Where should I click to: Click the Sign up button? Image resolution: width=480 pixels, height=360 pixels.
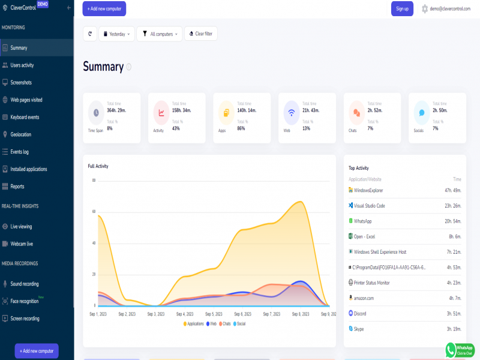402,8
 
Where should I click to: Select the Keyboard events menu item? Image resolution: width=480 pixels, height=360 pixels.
25,117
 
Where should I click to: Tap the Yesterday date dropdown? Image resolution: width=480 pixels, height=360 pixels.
116,34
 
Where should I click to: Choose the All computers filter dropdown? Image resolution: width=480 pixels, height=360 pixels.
159,34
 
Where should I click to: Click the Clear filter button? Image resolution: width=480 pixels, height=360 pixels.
201,34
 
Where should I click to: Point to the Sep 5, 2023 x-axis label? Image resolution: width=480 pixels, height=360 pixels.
214,314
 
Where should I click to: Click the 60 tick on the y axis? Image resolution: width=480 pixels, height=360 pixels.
94,212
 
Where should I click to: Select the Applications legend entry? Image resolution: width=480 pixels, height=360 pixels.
193,323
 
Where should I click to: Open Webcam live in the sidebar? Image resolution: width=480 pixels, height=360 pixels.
22,244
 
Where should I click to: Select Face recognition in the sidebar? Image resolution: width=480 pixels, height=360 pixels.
25,301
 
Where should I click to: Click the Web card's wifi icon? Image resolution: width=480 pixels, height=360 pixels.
292,112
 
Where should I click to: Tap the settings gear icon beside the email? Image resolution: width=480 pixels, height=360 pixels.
425,8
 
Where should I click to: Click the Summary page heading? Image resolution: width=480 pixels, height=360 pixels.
103,67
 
